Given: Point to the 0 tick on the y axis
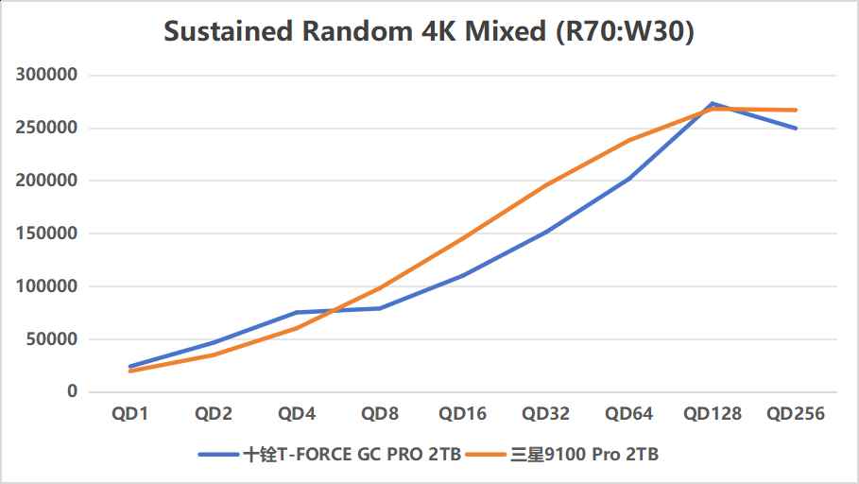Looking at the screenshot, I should pos(72,392).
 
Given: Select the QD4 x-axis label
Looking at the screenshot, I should pos(297,414).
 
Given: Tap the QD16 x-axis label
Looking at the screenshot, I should pos(463,414).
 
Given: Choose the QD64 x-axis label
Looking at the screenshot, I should pos(629,414).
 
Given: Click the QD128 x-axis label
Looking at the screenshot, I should pos(713,414).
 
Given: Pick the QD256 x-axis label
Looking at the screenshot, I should pos(796,414).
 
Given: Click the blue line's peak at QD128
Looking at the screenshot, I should pos(713,103).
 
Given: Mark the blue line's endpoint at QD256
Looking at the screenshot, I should pos(796,128).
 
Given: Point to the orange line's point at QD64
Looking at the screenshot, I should pos(629,140).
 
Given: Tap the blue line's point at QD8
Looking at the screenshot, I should pos(380,308).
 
